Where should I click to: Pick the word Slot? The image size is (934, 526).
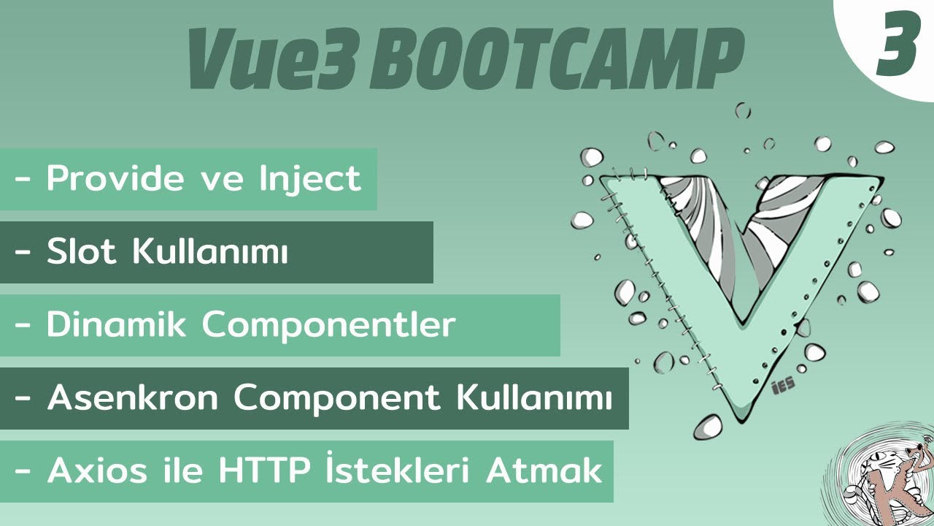pos(82,252)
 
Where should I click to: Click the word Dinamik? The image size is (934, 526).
pos(118,325)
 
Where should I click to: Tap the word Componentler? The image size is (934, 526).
pos(329,325)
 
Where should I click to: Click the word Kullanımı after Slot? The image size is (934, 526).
pos(211,252)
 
